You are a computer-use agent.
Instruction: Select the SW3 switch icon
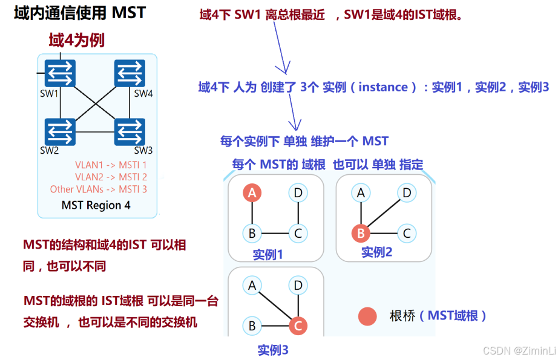(130, 131)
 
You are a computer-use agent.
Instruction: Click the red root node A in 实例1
(252, 193)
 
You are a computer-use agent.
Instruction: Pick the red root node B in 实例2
(361, 233)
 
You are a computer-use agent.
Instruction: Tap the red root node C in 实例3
(297, 326)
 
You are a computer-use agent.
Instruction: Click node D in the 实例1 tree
(298, 193)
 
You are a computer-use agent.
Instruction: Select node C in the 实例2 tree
(407, 233)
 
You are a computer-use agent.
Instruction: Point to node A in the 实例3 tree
(252, 285)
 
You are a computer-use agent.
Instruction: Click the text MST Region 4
(96, 205)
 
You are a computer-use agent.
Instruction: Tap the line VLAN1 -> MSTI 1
(111, 165)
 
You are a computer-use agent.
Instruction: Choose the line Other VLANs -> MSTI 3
(98, 189)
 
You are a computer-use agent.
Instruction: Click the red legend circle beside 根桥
(367, 316)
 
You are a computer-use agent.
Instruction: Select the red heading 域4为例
(77, 41)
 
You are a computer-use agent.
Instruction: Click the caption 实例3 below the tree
(273, 350)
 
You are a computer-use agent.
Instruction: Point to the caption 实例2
(376, 252)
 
